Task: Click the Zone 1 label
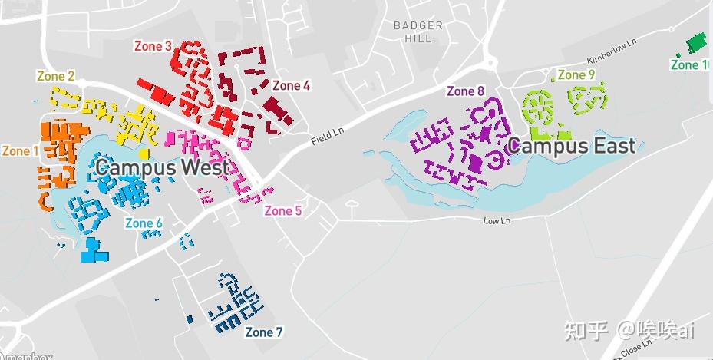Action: point(21,151)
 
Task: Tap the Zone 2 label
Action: point(56,76)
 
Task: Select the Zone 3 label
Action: point(153,46)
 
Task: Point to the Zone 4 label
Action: point(291,86)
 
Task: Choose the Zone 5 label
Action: point(283,211)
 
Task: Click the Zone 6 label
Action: point(144,223)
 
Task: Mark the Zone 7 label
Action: point(264,332)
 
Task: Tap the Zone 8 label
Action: point(465,91)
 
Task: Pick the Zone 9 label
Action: point(576,74)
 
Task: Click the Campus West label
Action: point(162,167)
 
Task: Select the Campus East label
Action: point(571,146)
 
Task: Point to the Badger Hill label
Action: point(418,31)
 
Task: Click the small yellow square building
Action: point(144,154)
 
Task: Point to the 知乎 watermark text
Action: point(587,330)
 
